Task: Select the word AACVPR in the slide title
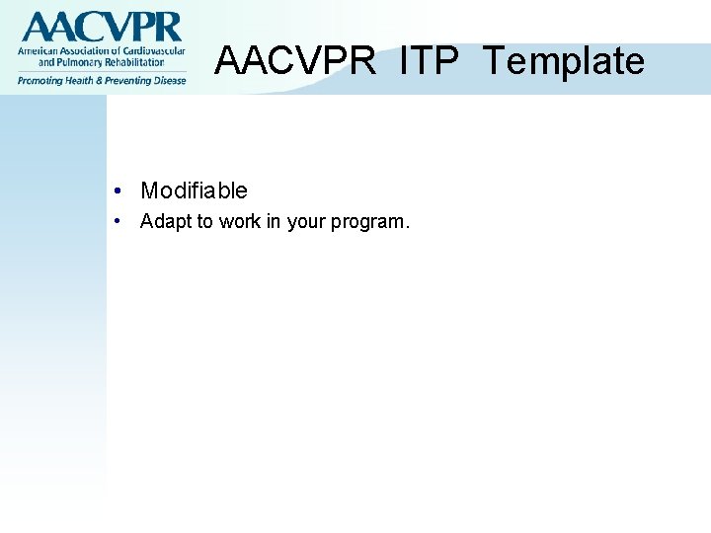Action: coord(295,61)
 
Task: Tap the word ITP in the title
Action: coord(430,61)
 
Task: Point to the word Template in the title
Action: coord(563,61)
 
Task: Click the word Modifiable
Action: coord(194,190)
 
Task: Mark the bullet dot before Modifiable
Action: coord(118,190)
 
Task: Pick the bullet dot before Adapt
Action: coord(118,221)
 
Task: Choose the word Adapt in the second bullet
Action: coord(166,221)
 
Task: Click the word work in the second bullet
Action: coord(240,221)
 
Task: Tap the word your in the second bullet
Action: coord(306,221)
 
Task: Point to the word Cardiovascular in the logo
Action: coord(150,50)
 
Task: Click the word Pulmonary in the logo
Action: coord(80,62)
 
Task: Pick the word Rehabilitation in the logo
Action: coord(132,62)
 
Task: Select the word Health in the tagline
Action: coord(85,80)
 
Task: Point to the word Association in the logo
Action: coord(83,50)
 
